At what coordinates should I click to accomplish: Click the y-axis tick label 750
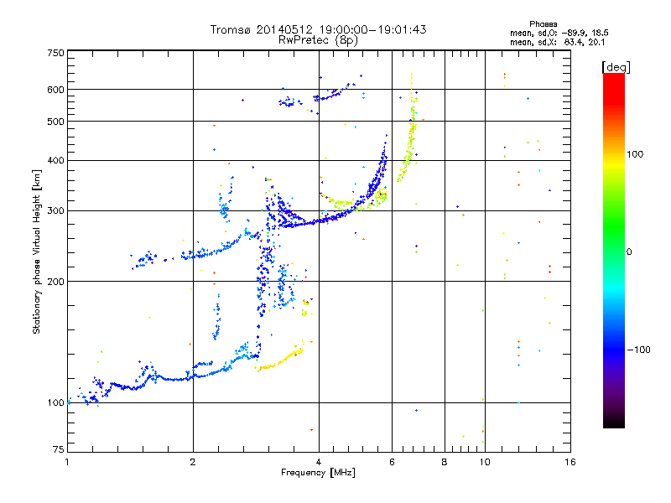point(55,53)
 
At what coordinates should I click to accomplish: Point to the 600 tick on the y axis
point(55,90)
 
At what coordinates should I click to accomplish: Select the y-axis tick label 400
point(55,160)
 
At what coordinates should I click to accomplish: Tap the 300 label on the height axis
point(55,210)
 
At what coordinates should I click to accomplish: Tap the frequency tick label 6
point(392,462)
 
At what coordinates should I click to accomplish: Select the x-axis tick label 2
point(193,462)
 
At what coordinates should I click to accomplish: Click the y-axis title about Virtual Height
point(37,251)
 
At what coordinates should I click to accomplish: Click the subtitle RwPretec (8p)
point(318,39)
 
